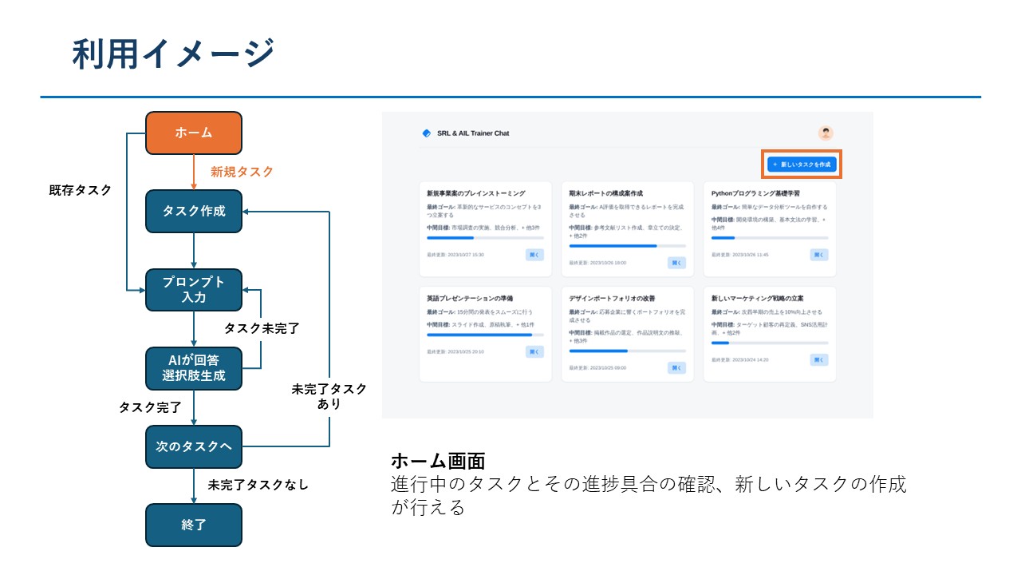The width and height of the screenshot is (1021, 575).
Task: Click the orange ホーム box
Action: [193, 133]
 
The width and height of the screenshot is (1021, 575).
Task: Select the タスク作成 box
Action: [193, 211]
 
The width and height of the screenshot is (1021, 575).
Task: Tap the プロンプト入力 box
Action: [193, 289]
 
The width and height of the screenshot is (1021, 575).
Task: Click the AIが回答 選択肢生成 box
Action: [193, 368]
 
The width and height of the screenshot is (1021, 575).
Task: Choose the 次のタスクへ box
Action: [193, 446]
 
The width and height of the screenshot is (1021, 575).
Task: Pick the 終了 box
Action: [193, 525]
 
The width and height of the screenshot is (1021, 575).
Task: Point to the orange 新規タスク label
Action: [242, 172]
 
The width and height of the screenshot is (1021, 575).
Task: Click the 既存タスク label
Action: [80, 190]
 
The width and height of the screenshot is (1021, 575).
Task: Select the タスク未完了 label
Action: [262, 328]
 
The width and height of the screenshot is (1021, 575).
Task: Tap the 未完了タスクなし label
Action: [258, 485]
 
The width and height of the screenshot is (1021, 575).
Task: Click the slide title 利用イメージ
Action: [172, 54]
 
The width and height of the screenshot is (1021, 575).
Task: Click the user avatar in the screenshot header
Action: [826, 133]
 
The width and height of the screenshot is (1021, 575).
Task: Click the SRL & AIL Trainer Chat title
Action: [473, 133]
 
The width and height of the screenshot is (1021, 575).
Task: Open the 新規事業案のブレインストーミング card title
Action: [476, 193]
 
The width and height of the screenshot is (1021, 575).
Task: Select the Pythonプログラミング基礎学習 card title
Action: [755, 193]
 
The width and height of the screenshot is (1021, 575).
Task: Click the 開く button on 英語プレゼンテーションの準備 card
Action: [534, 351]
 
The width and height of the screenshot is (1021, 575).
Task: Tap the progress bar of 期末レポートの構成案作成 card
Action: [627, 246]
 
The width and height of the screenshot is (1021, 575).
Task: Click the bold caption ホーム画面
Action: [438, 462]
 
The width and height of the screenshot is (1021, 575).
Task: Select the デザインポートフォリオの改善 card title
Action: [613, 298]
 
